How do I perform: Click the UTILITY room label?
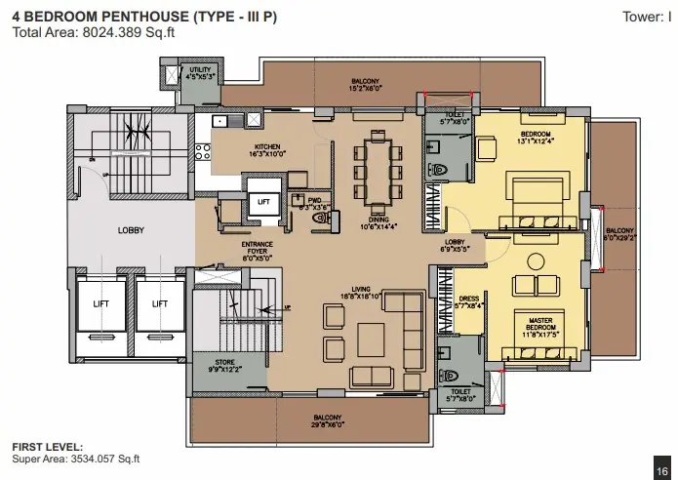(201, 74)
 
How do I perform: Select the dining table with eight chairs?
(375, 172)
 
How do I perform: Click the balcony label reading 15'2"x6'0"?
(366, 84)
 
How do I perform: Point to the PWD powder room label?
(314, 205)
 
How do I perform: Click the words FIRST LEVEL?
(41, 447)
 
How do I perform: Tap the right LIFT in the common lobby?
(160, 303)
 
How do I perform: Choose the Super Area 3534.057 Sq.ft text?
(76, 458)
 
